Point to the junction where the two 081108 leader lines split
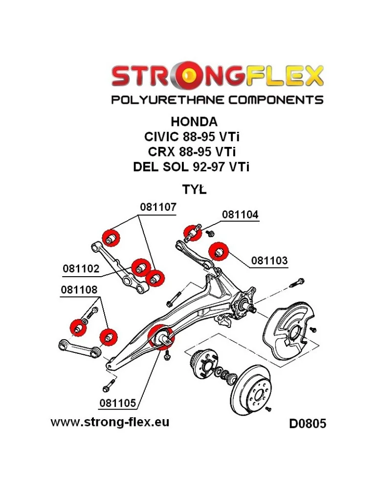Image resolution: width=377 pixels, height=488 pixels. click(x=100, y=298)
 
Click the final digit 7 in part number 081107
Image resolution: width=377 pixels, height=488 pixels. click(x=173, y=207)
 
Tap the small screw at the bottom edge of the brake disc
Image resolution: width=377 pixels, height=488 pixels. click(x=268, y=409)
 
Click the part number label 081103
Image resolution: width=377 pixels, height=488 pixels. click(x=269, y=261)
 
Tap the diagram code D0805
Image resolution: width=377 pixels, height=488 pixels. click(x=308, y=424)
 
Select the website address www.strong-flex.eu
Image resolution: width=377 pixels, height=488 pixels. click(x=110, y=422)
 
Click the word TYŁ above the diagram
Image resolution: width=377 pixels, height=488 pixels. click(x=194, y=189)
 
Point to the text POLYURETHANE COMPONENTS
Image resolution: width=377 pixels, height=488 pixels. click(x=217, y=100)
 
